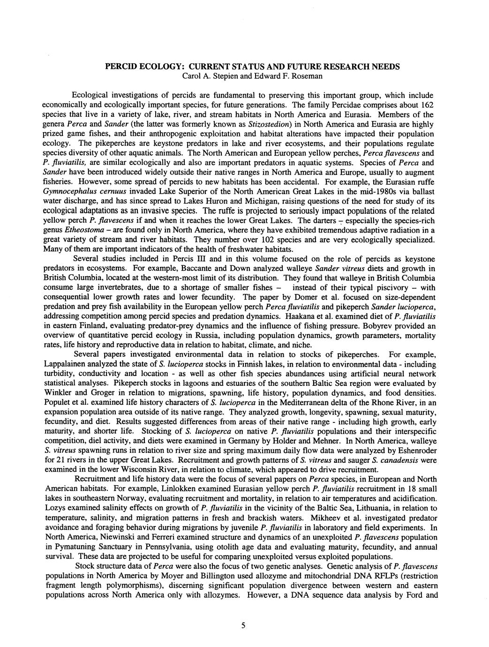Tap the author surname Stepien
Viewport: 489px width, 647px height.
click(x=220, y=75)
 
